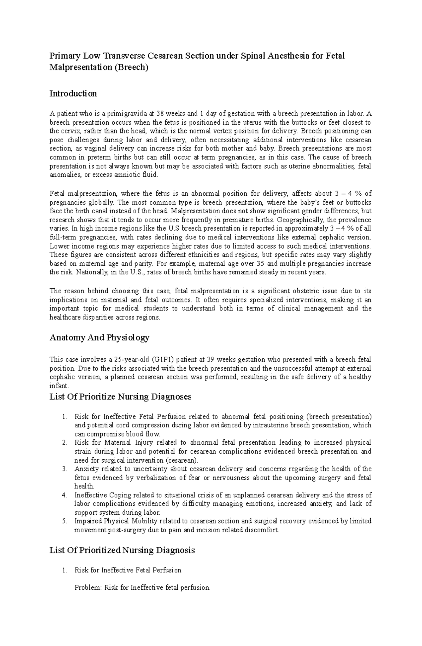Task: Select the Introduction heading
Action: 73,94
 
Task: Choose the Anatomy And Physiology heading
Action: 100,338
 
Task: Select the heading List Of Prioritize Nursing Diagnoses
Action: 120,397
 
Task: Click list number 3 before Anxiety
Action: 64,469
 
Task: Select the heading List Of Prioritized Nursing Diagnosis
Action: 122,550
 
